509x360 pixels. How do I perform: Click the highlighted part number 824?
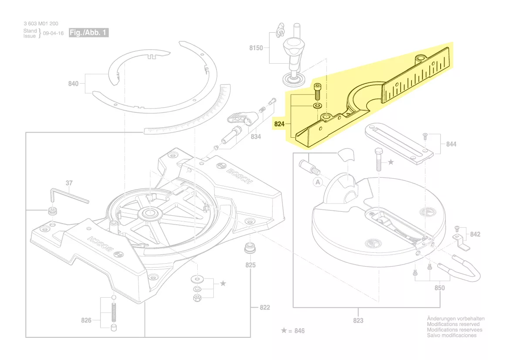(279, 124)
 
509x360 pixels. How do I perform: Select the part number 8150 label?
(256, 48)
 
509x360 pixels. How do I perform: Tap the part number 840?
(73, 84)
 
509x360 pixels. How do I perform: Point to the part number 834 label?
(256, 137)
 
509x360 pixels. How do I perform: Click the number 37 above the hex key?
(69, 183)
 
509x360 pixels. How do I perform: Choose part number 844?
(451, 144)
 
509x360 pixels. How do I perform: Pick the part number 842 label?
(475, 234)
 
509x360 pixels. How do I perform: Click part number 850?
(440, 288)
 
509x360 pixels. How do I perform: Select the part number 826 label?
(86, 321)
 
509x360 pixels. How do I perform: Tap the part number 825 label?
(250, 265)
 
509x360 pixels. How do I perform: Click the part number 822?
(265, 308)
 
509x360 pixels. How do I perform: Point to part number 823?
(358, 321)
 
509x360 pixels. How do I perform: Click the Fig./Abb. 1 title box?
(88, 33)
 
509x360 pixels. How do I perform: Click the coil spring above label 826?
(114, 313)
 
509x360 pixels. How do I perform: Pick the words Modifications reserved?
(453, 324)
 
